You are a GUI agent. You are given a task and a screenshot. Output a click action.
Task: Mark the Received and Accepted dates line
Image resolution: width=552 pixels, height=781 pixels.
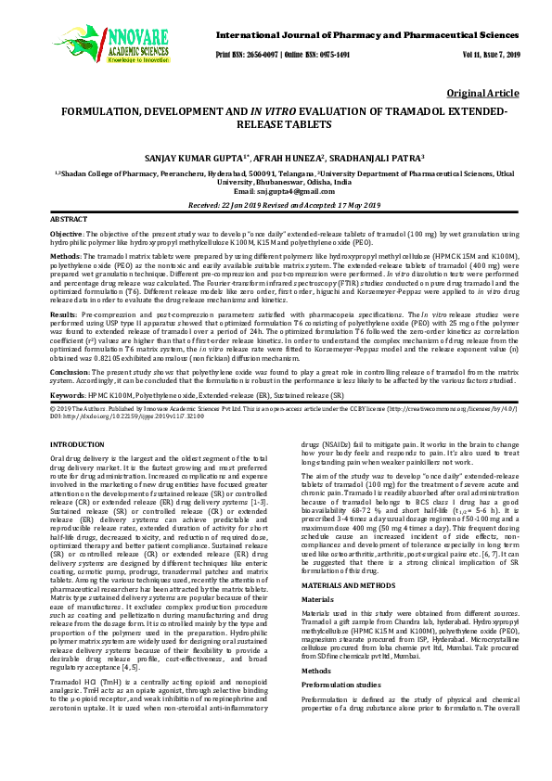point(276,203)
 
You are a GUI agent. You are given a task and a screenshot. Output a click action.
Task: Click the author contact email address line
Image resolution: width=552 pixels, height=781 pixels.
point(276,190)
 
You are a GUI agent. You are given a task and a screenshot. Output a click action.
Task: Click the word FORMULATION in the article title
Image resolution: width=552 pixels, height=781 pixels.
point(106,112)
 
